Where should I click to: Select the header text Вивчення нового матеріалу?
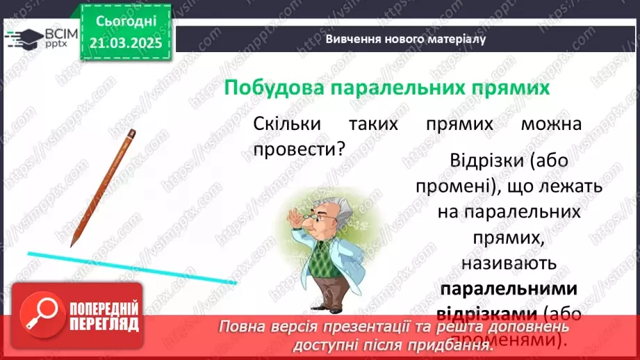tap(405, 39)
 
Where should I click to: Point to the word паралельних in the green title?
tap(399, 89)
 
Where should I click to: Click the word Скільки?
tap(286, 124)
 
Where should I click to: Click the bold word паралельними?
tap(510, 289)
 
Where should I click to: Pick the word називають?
tap(510, 263)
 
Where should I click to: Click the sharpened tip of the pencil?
tap(72, 244)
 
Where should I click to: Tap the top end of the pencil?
tap(131, 131)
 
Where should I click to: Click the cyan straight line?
tap(132, 268)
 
